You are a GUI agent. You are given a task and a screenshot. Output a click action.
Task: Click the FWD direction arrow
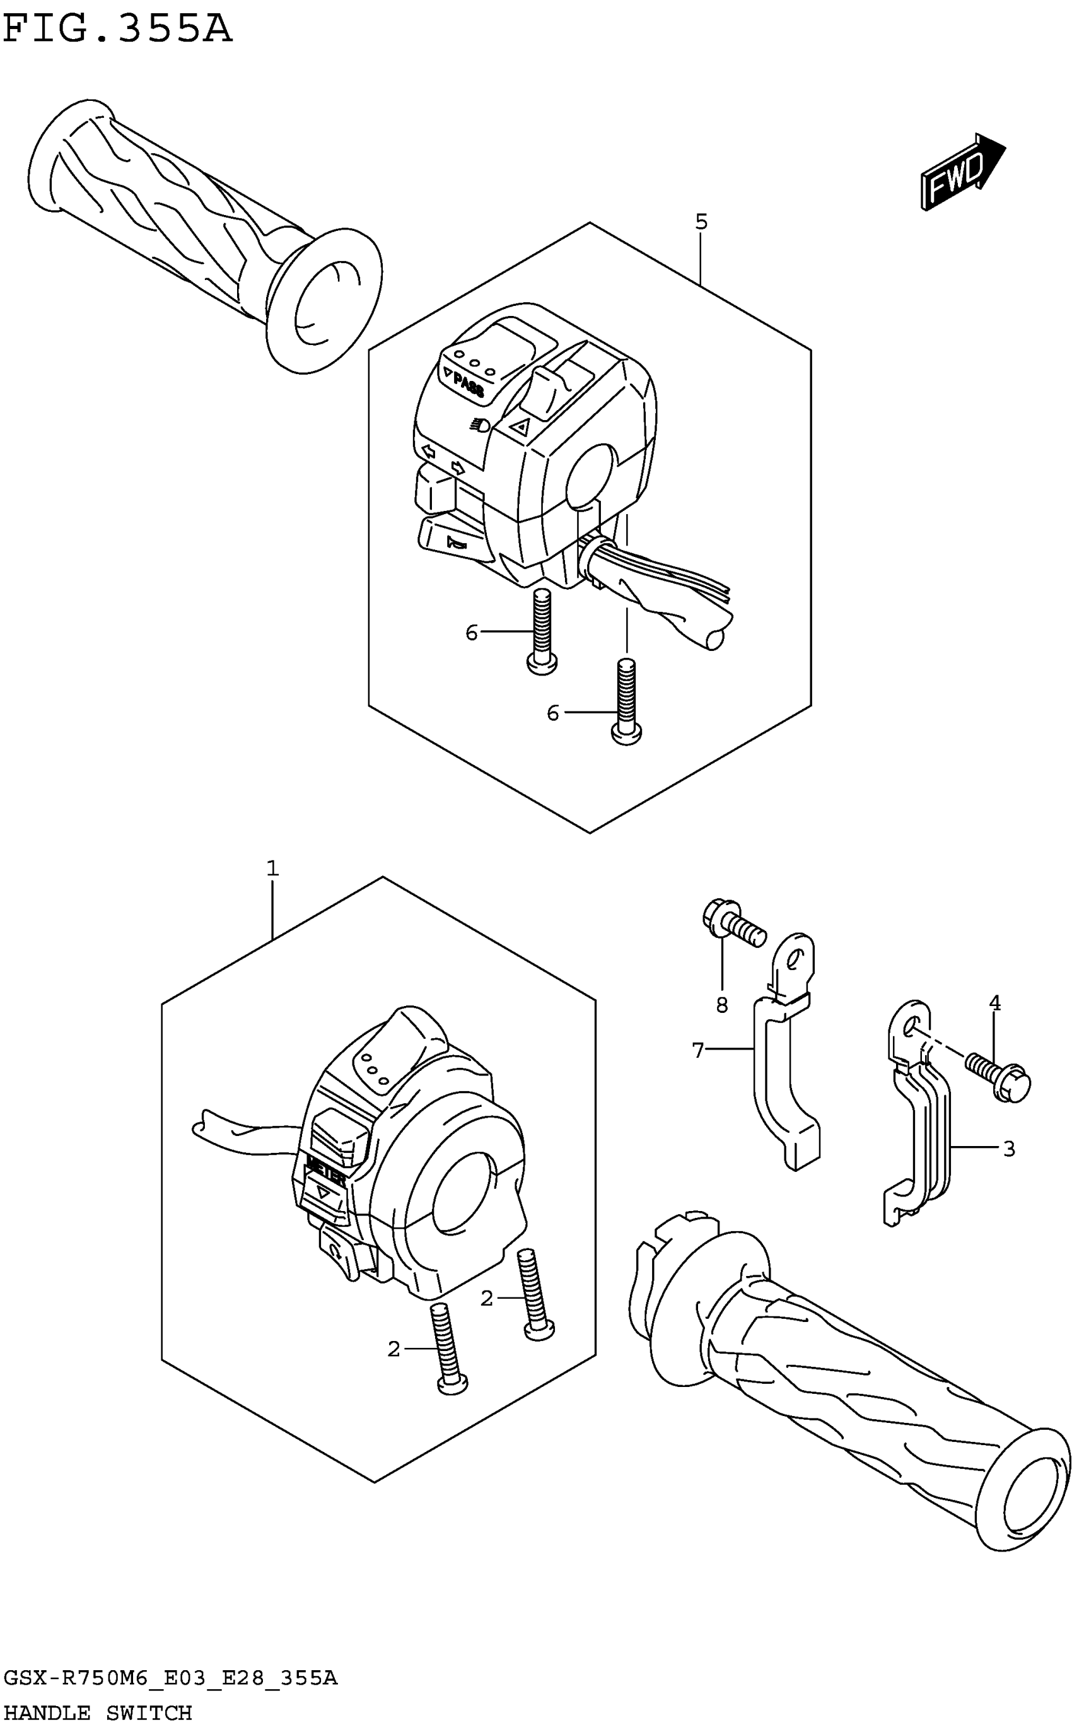[962, 172]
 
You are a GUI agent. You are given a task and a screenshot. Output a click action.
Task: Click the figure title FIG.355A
[118, 30]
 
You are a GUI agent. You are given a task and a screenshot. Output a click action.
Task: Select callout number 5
[701, 223]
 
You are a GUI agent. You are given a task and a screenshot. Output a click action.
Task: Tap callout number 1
[272, 869]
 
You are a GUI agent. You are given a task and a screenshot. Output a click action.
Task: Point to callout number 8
[722, 1005]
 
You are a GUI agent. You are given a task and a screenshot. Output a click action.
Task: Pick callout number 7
[698, 1050]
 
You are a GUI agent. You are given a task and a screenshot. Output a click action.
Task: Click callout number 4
[994, 1003]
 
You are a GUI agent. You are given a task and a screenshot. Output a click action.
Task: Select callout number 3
[1009, 1149]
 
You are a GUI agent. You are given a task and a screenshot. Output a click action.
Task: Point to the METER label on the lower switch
[325, 1178]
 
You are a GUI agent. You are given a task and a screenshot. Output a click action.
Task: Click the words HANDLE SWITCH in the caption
[98, 1713]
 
